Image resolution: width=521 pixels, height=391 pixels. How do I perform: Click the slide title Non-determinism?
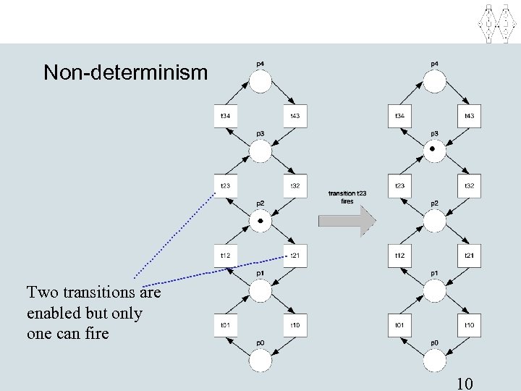pos(125,73)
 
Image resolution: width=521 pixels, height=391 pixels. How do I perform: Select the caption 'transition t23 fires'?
pos(347,197)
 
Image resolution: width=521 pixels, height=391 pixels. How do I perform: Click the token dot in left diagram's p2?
pos(260,219)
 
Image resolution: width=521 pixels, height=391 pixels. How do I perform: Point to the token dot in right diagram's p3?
pos(433,148)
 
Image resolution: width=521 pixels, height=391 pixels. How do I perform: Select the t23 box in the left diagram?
pos(226,186)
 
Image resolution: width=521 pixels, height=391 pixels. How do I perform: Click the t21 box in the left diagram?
pos(295,256)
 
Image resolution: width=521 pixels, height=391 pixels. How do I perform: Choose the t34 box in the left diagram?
pos(226,117)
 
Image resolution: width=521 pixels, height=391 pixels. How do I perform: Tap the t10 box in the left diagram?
pos(295,325)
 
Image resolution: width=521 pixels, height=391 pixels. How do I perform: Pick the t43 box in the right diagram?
pos(469,117)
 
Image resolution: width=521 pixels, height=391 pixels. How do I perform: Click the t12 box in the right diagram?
pos(399,256)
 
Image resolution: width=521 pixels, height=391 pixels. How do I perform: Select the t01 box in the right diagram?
pos(399,325)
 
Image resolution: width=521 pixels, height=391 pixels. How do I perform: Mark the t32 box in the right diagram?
pos(469,186)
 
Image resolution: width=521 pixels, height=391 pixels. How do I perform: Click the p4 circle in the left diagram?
pos(260,82)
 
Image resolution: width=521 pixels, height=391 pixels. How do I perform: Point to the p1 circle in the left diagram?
pos(260,290)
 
